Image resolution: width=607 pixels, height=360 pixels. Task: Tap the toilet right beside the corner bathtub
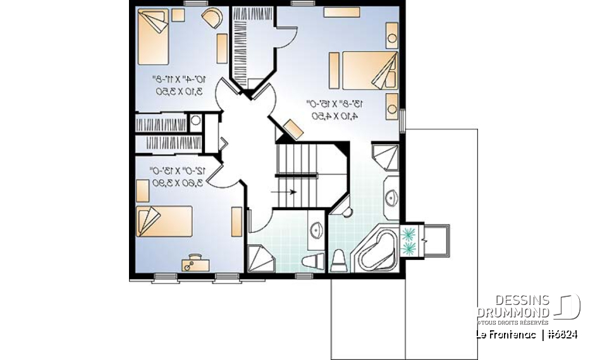click(x=338, y=259)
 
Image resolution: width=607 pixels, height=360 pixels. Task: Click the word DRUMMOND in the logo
click(x=513, y=313)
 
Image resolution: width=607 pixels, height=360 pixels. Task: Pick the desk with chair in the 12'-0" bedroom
click(x=192, y=262)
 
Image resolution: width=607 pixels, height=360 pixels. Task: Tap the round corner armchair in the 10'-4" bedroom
click(x=212, y=18)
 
